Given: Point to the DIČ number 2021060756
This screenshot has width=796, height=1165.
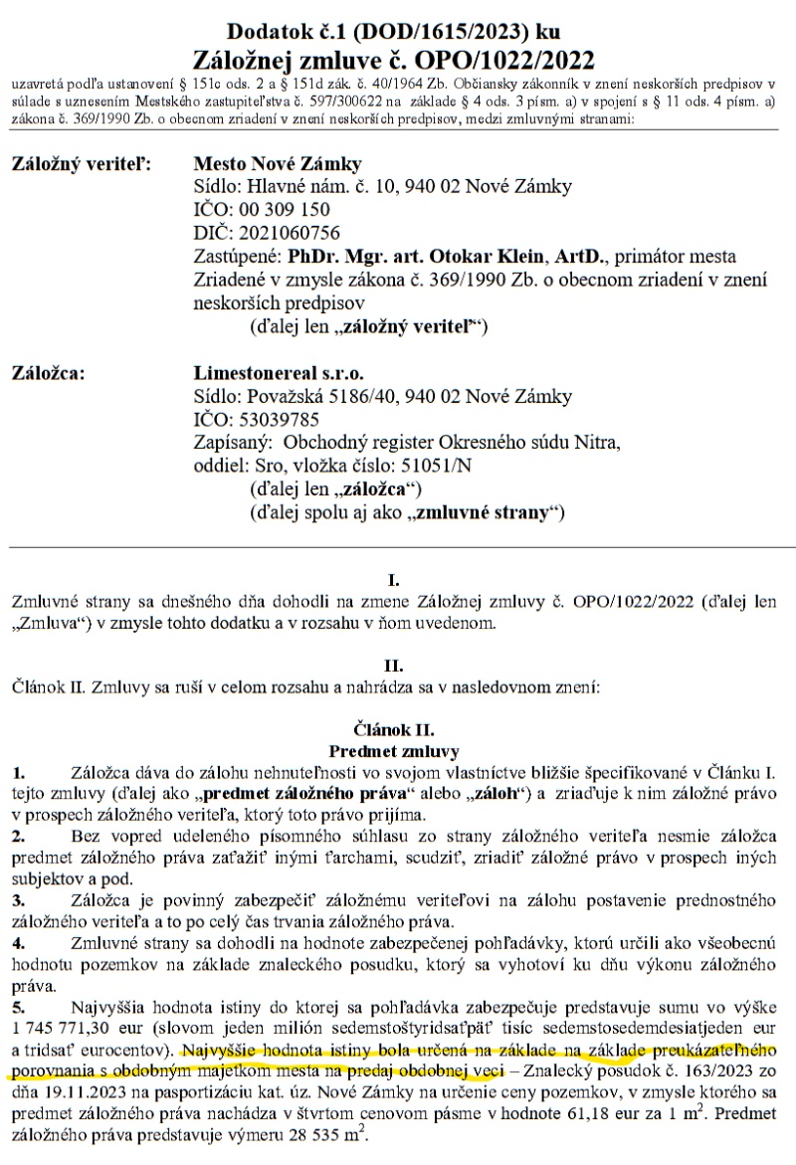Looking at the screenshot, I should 284,233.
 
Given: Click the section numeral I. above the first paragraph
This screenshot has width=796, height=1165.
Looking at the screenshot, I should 398,580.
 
